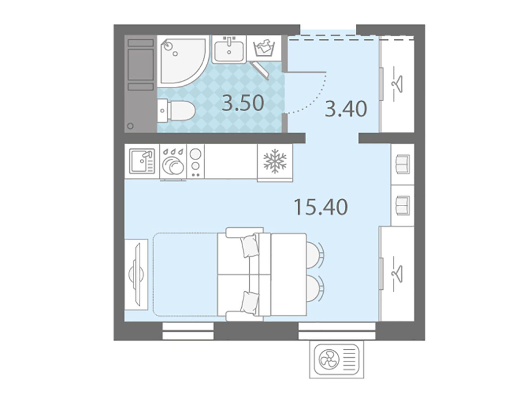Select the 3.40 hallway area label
[x=346, y=109]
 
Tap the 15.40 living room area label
[x=321, y=207]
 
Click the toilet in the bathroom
[x=176, y=111]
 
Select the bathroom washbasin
[x=229, y=50]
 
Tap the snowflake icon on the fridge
[x=274, y=161]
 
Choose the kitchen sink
[x=142, y=161]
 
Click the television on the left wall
[x=137, y=275]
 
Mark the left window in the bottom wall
[x=188, y=331]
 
